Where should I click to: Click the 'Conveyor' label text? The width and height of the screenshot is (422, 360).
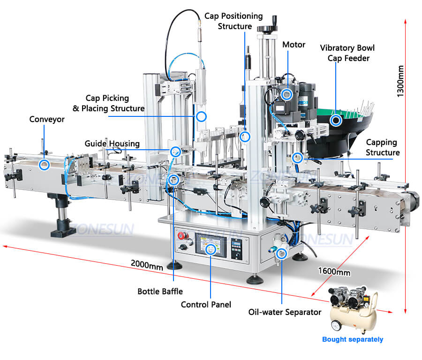[47, 120]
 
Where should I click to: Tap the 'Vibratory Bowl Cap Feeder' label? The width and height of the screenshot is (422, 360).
[347, 53]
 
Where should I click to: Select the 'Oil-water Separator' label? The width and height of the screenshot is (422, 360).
[285, 312]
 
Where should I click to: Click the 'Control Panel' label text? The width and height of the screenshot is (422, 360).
[206, 305]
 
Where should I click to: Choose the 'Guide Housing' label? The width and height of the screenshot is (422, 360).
[112, 143]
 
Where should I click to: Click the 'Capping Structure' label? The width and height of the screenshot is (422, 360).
[382, 147]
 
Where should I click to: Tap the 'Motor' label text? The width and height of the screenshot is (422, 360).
[294, 45]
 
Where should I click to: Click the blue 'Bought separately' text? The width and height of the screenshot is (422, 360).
[353, 339]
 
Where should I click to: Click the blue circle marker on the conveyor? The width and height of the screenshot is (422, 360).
[44, 164]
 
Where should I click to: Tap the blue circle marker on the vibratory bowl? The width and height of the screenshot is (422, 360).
[336, 121]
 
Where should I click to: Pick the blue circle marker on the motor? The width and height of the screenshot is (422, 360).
[287, 94]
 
